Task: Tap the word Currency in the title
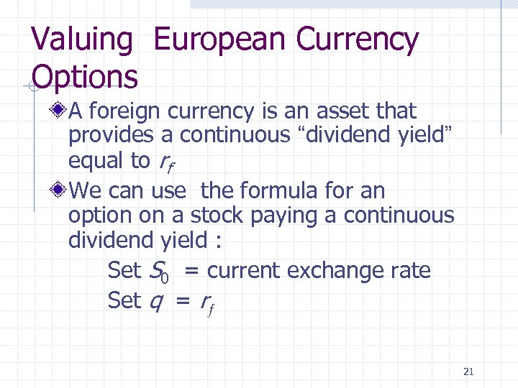[358, 40]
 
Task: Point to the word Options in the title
[85, 76]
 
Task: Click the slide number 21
[468, 371]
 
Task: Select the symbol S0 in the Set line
[158, 271]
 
